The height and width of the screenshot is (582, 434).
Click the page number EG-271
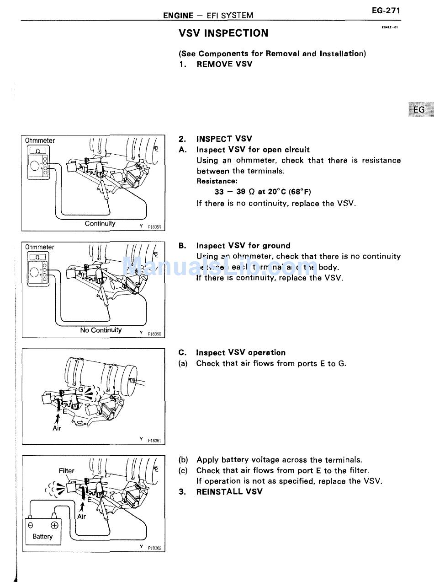tap(386, 11)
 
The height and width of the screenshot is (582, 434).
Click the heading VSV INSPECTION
tap(223, 33)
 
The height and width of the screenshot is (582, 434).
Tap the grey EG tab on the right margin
tap(419, 110)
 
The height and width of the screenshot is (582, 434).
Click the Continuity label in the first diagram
tap(100, 224)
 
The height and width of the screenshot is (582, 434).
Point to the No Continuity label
tap(101, 330)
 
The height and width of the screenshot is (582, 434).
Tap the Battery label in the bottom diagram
tap(42, 537)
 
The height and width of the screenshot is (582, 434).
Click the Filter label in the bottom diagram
tap(67, 470)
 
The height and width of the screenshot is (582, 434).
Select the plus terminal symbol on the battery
tap(54, 525)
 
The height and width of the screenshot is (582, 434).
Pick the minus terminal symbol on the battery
tap(31, 525)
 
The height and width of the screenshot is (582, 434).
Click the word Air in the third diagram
tap(57, 428)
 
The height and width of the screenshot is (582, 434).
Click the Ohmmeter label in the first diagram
tap(40, 140)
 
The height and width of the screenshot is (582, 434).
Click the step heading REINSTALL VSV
tap(229, 492)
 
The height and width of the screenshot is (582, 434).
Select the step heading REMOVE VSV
tap(224, 64)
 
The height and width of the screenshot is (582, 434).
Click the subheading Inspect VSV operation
tap(240, 353)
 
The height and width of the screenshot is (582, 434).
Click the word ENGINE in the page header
tap(178, 16)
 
